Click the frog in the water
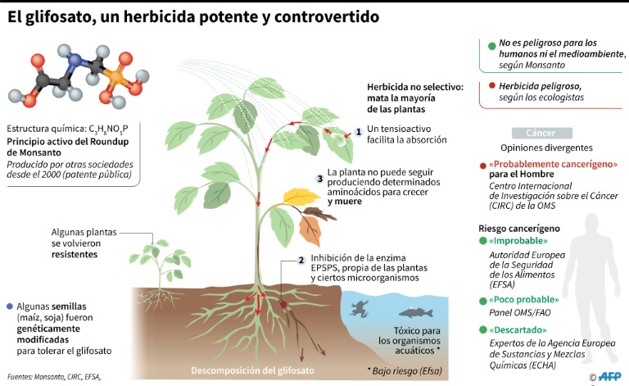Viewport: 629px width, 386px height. click(x=359, y=309)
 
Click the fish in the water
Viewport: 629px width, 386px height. click(x=415, y=312)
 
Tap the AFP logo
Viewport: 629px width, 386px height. click(x=609, y=376)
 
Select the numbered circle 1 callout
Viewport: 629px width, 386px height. click(x=359, y=132)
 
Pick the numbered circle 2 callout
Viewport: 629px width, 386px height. click(x=301, y=261)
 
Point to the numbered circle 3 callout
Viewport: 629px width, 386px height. click(x=319, y=179)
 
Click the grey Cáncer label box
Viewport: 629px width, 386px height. click(x=542, y=133)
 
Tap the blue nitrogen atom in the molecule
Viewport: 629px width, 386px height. click(x=75, y=60)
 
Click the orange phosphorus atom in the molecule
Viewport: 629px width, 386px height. click(x=115, y=76)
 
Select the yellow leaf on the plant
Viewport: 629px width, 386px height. click(x=300, y=196)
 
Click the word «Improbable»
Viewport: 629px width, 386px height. click(x=518, y=241)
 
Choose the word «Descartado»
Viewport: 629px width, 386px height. click(x=518, y=329)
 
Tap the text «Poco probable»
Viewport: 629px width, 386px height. click(x=523, y=300)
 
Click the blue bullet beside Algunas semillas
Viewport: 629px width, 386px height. click(x=10, y=307)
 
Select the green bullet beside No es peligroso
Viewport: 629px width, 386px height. click(x=491, y=46)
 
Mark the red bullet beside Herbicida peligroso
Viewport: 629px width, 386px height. click(x=491, y=85)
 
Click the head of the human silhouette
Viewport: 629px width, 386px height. click(x=591, y=224)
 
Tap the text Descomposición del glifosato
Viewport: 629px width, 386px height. click(x=252, y=370)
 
